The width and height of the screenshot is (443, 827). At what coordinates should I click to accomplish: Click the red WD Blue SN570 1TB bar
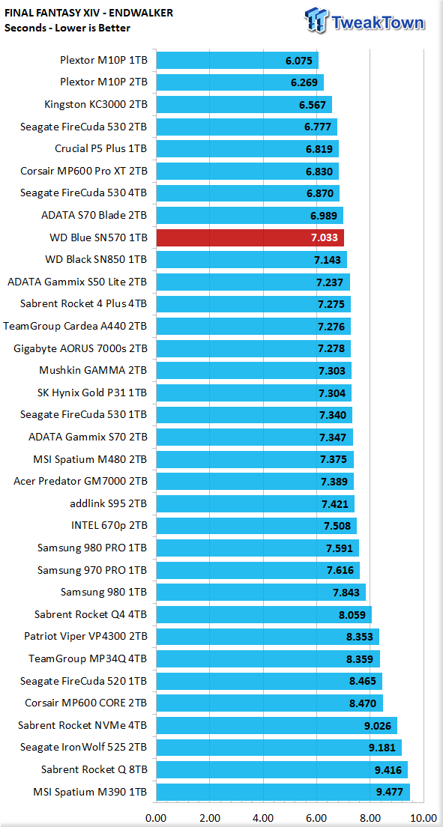pos(250,238)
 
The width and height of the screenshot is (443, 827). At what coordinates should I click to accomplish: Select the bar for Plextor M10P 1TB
pos(237,61)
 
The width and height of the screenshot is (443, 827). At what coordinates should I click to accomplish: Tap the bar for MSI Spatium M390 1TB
pos(283,792)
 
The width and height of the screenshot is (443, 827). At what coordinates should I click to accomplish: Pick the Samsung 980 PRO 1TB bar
pos(258,548)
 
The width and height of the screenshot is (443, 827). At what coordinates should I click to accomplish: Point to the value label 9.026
pos(378,725)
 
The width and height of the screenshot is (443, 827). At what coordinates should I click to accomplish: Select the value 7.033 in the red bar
pos(325,238)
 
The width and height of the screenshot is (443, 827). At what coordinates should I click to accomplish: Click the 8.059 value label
pos(352,614)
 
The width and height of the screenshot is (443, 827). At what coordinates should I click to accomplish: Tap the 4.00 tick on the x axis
pos(264,817)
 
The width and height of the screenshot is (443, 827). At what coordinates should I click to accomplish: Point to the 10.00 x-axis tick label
pos(423,817)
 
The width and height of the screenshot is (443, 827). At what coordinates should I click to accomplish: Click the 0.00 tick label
pos(156,817)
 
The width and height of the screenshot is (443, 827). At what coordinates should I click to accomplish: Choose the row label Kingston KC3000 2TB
pos(96,105)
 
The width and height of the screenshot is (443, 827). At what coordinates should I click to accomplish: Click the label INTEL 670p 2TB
pos(109,526)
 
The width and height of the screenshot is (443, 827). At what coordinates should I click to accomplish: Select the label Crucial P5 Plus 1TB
pos(101,149)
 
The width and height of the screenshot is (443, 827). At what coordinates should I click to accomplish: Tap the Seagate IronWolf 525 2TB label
pos(84,748)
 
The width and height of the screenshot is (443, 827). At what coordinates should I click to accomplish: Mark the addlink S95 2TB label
pos(109,503)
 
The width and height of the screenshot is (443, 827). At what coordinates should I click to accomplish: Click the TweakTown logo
pos(364,20)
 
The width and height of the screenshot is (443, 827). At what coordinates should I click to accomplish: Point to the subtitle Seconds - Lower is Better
pos(67,28)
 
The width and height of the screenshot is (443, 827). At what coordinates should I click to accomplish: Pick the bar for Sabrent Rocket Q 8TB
pos(282,769)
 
